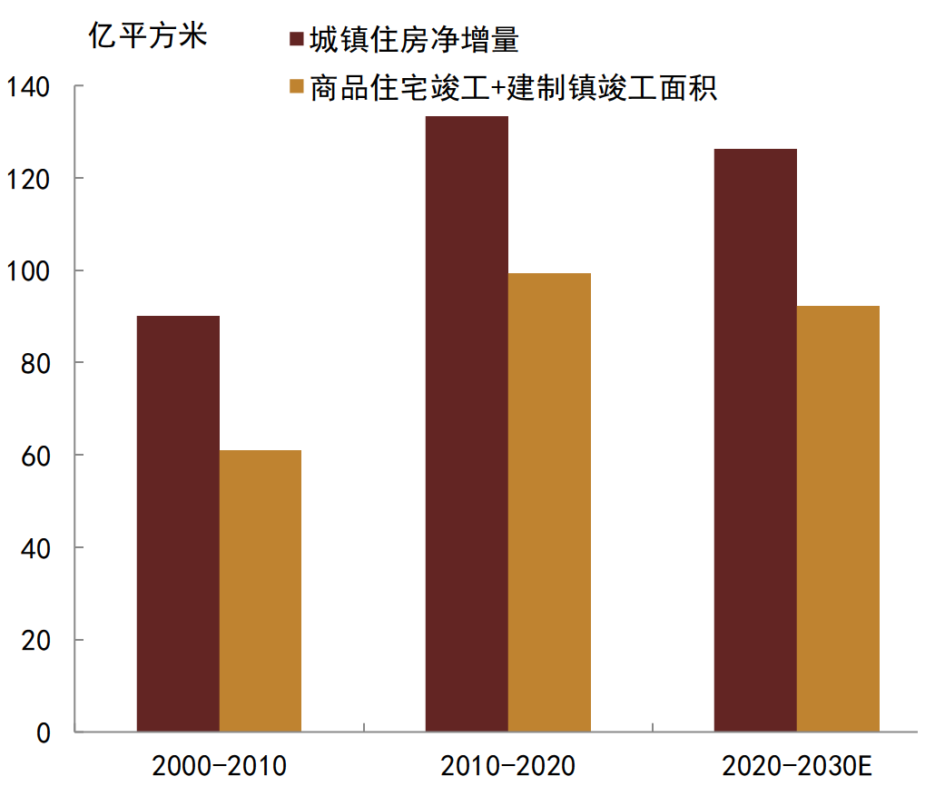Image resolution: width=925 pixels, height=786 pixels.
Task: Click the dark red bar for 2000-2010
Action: coord(178,524)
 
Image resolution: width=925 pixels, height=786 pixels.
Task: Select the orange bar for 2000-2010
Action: coord(261,591)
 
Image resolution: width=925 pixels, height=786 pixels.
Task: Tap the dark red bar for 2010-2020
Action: coord(467,424)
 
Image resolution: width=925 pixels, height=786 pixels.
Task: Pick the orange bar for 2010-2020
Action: coord(549,502)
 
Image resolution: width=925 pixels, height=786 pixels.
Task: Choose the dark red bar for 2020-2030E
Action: coord(755,440)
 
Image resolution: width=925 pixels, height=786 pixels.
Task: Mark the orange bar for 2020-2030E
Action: coord(838,518)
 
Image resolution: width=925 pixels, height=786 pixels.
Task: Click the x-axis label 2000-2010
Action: coord(220,765)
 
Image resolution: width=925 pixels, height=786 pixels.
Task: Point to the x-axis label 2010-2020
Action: coord(508,765)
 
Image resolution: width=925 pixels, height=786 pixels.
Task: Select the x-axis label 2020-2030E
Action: coord(797,765)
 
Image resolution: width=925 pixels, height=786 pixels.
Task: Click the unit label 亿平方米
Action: coord(148,36)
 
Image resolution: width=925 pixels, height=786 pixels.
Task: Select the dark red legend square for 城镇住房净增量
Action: coord(295,40)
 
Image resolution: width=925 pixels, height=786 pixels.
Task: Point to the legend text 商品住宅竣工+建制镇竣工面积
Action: coord(513,88)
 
